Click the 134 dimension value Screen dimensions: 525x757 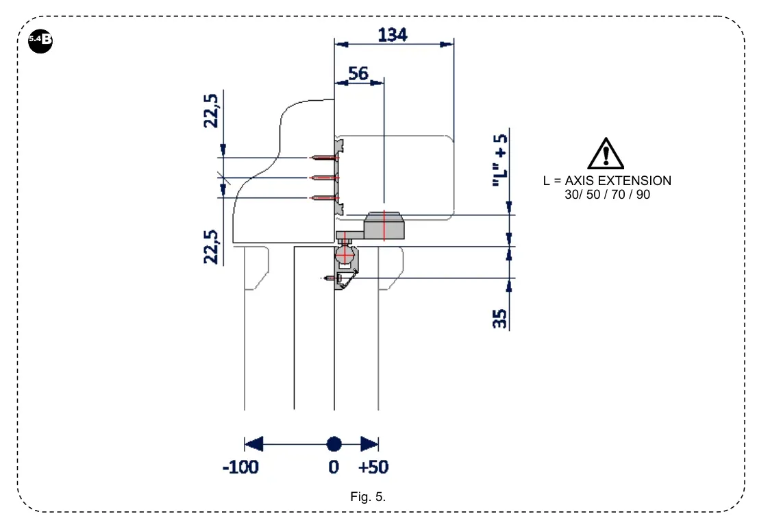point(393,34)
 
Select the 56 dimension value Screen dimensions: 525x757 point(358,73)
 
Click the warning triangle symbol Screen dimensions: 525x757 point(606,154)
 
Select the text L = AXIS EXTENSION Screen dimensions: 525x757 point(607,181)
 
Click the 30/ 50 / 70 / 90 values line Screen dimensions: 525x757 point(606,195)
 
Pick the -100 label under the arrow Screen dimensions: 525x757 point(240,467)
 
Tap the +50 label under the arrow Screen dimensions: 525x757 point(373,467)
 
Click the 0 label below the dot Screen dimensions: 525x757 point(334,467)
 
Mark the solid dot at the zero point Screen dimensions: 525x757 point(334,443)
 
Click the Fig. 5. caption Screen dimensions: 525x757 point(368,497)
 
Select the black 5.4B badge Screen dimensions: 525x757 point(40,40)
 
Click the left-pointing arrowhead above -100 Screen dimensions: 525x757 point(253,443)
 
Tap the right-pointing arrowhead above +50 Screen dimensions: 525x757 point(370,443)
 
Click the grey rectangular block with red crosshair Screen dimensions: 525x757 point(384,225)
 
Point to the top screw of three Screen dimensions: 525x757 point(323,158)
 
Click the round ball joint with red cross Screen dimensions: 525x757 point(345,256)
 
